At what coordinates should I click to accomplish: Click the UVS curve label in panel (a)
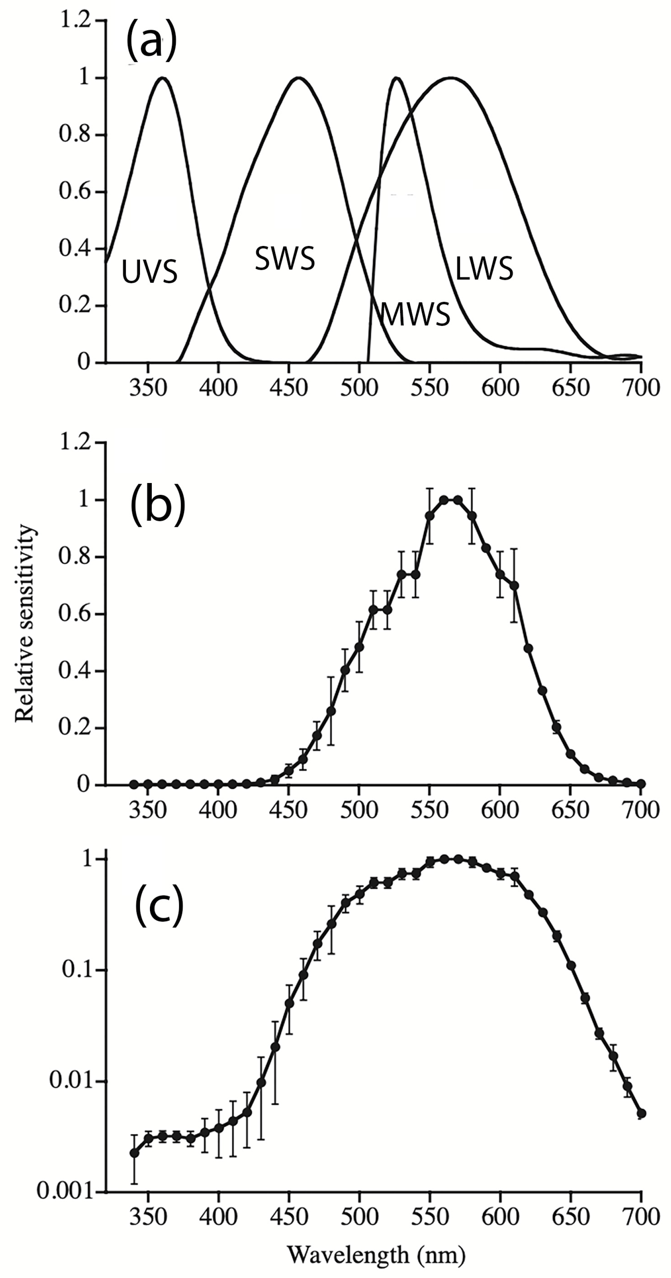pos(150,273)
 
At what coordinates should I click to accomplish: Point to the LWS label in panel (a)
pos(484,268)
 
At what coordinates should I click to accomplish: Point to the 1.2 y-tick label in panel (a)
pos(75,22)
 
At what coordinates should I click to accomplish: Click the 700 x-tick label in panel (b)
pos(641,810)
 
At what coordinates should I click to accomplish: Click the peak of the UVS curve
pos(162,78)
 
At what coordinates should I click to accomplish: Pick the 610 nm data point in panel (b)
pos(514,586)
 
